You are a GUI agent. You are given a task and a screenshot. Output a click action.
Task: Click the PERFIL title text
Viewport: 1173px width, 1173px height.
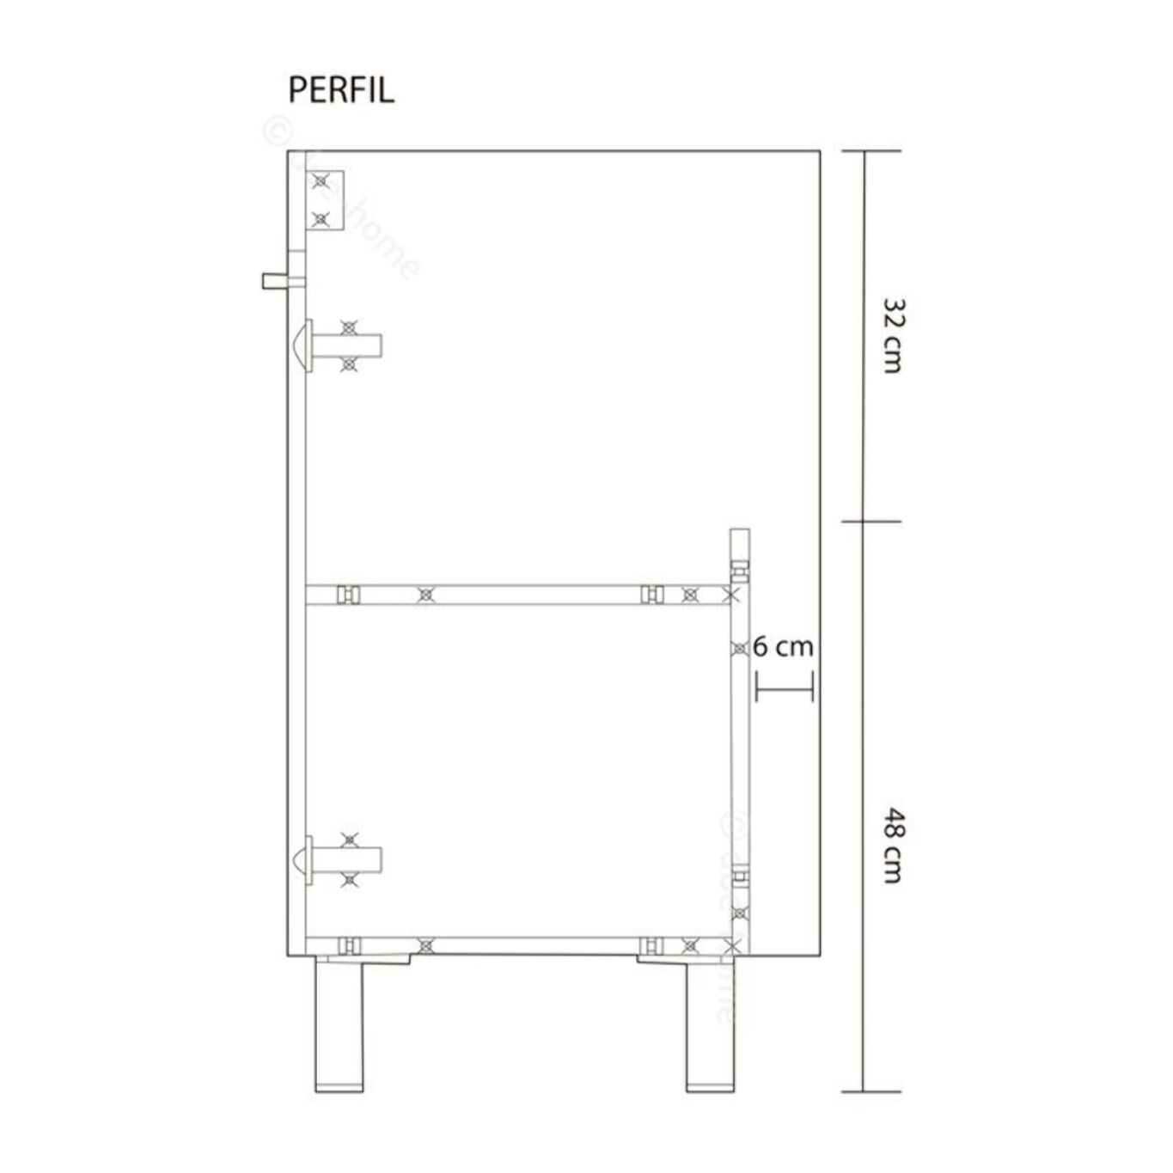coord(341,89)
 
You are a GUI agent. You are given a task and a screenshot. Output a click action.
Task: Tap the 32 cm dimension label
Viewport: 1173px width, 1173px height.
coord(893,336)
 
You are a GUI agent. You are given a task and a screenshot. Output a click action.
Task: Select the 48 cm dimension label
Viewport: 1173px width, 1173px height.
coord(893,846)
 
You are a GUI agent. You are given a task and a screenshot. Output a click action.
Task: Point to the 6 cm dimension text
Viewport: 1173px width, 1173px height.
coord(783,646)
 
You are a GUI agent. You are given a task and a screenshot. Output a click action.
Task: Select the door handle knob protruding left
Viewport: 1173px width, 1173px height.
coord(276,280)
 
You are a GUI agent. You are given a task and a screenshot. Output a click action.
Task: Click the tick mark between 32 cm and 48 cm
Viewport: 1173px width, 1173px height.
coord(871,521)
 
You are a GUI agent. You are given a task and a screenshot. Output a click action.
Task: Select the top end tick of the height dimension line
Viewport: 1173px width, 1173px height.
coord(871,151)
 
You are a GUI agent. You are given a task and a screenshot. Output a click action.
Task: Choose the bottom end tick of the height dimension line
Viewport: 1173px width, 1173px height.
coord(871,1091)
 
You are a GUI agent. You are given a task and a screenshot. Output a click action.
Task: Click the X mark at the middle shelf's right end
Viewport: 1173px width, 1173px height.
coord(731,594)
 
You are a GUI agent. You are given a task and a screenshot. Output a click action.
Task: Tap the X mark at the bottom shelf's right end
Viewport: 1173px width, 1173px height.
coord(731,946)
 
